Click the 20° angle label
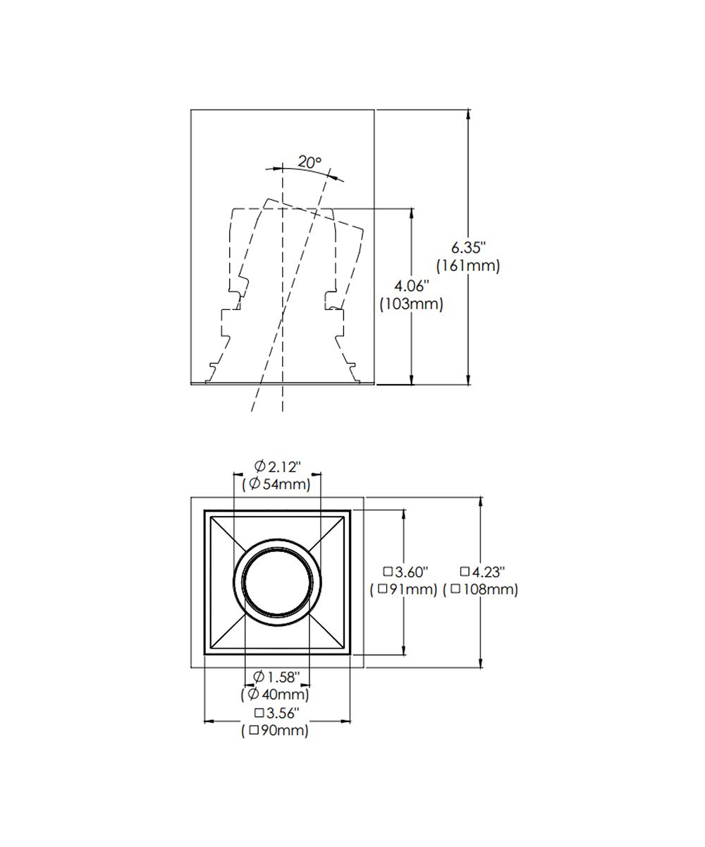(x=309, y=162)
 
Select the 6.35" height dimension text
(x=468, y=248)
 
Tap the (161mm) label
(x=468, y=265)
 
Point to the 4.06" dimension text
(x=411, y=286)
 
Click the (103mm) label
(x=411, y=304)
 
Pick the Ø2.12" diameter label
(x=277, y=467)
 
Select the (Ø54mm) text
(x=276, y=484)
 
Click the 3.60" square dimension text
(x=405, y=572)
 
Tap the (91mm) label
(x=403, y=589)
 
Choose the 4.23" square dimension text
(x=482, y=572)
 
